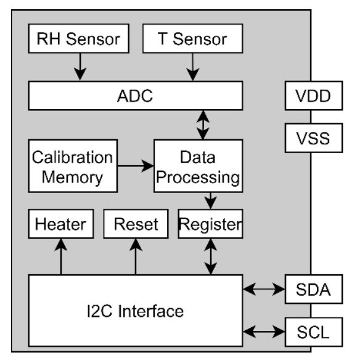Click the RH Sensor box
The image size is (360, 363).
click(79, 39)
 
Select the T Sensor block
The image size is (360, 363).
click(192, 39)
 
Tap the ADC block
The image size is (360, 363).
click(136, 96)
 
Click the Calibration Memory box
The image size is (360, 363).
click(73, 166)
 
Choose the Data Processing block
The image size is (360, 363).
click(198, 166)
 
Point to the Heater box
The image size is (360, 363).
click(61, 224)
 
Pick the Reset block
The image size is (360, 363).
click(136, 224)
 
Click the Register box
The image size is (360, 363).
click(210, 224)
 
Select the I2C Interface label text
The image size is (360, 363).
click(135, 311)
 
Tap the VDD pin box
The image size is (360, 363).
click(314, 96)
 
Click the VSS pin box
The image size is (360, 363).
click(314, 138)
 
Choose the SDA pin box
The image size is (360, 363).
click(314, 289)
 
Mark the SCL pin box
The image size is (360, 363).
click(314, 332)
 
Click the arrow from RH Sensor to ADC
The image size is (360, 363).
click(80, 67)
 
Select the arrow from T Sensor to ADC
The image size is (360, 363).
click(193, 67)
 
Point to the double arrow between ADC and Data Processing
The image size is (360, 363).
click(203, 125)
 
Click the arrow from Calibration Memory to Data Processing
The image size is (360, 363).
click(136, 166)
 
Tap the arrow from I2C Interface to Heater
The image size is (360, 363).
click(61, 257)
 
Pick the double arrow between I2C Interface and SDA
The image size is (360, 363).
click(264, 289)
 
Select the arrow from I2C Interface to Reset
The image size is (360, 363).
click(136, 257)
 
